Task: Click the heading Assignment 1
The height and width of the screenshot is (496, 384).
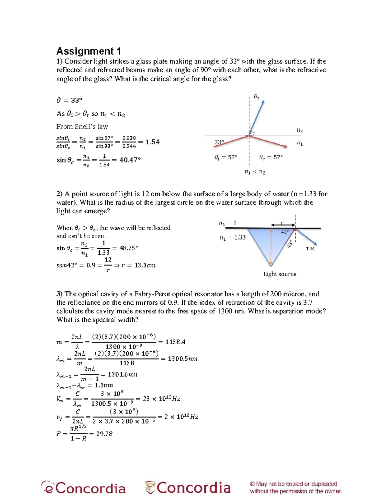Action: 89,51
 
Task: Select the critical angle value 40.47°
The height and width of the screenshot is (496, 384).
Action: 130,160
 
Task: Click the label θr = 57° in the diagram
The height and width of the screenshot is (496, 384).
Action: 271,157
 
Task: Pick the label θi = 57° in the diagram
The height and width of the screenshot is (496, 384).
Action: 226,157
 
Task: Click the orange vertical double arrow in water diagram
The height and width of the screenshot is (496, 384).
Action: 271,248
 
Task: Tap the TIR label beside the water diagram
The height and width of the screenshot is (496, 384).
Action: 310,248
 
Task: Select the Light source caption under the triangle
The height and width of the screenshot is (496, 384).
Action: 280,274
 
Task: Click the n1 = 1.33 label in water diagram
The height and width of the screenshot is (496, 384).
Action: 232,237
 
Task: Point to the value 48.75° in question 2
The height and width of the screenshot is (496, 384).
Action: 129,248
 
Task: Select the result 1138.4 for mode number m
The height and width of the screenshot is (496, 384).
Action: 175,342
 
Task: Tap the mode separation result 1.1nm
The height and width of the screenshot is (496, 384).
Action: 104,385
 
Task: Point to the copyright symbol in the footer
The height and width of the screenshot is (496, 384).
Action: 252,484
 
